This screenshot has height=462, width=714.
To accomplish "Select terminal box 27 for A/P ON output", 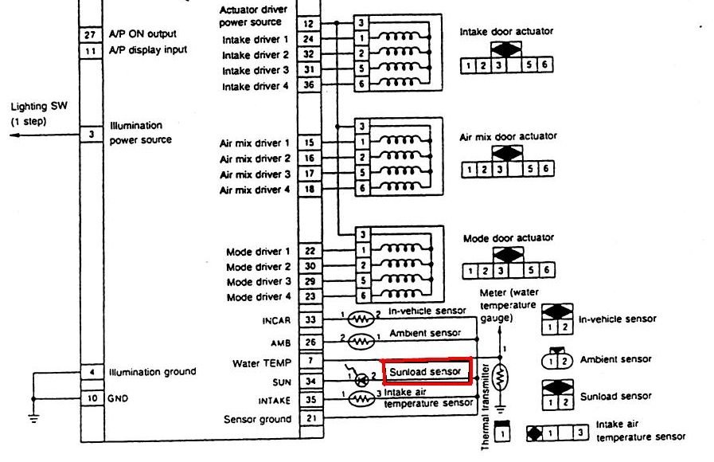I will coord(90,35).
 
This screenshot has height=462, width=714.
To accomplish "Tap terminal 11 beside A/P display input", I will coord(90,50).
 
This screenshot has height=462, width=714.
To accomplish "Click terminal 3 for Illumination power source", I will coord(92,135).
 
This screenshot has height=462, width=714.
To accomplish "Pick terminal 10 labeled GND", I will coord(92,397).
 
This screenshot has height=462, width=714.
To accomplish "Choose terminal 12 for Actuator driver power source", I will coord(309,24).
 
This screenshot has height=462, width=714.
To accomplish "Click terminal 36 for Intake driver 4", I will coord(309,86).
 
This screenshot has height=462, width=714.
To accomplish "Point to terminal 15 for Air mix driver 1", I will coord(309,143).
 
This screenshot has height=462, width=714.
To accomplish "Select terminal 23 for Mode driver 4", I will coord(309,297).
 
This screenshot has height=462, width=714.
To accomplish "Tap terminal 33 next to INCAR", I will coord(309,320).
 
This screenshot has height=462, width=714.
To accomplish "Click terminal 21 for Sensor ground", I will coord(309,419).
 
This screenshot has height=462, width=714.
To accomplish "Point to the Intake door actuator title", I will coord(506,32).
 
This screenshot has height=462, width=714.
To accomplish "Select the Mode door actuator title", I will coord(508,238).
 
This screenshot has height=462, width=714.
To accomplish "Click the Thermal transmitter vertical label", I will coord(486,415).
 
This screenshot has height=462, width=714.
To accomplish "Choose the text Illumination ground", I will coord(153,372).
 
